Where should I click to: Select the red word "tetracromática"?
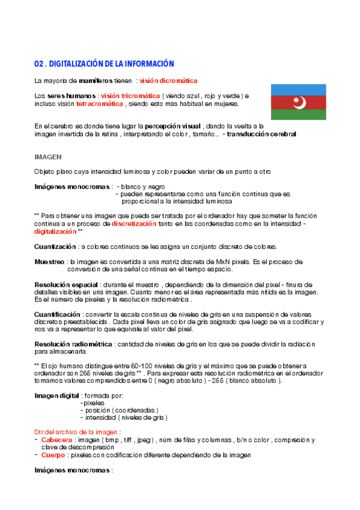tap(100, 103)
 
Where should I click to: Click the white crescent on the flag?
tap(297, 102)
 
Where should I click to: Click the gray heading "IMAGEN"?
tap(47, 156)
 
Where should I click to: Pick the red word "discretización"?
tap(134, 223)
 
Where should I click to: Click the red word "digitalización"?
tap(55, 231)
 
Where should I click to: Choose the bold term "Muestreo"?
tap(49, 262)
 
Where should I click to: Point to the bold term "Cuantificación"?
tap(57, 314)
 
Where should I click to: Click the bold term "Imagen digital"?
tap(56, 395)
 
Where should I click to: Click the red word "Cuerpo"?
tap(53, 455)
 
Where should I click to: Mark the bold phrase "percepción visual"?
tap(173, 126)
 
